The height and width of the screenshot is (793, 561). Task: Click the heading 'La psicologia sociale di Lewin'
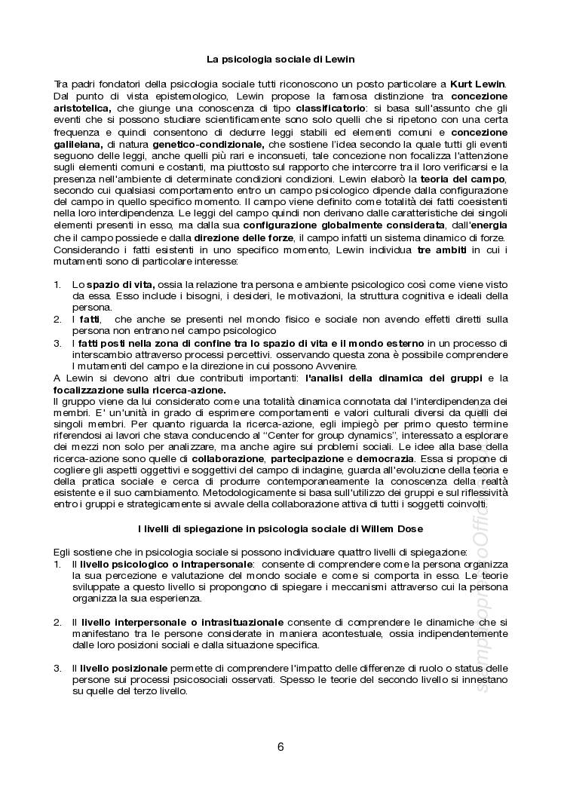280,58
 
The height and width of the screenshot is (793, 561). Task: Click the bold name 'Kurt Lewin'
478,83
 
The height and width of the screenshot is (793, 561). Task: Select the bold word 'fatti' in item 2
90,320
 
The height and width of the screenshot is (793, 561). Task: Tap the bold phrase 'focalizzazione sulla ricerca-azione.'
139,390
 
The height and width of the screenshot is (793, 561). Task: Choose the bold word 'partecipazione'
307,461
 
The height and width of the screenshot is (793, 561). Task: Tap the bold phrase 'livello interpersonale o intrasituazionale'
182,622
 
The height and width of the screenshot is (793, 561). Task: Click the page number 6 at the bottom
280,747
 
